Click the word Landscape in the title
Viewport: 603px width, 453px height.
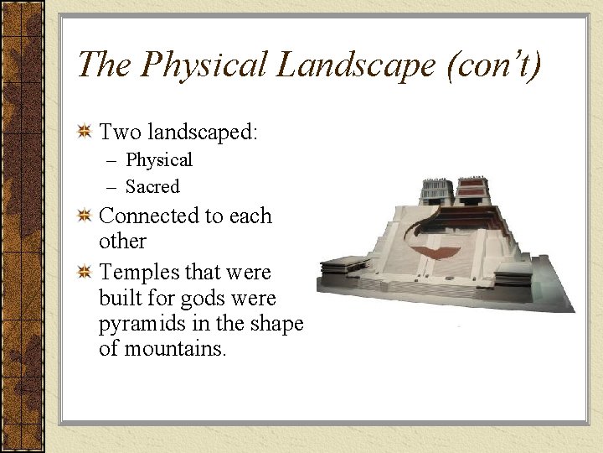tap(358, 65)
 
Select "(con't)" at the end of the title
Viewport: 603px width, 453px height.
tap(495, 65)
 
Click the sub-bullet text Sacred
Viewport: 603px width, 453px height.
tap(152, 186)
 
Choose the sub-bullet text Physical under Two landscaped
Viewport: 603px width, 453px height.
tap(159, 159)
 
